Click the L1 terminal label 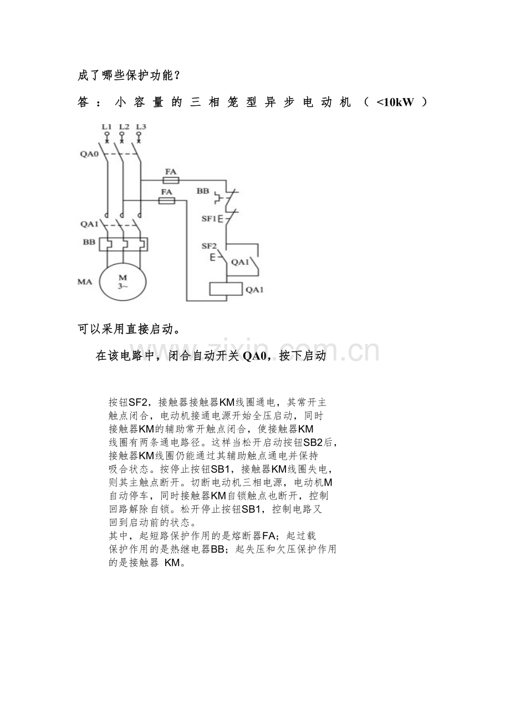pyautogui.click(x=106, y=127)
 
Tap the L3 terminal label pyautogui.click(x=141, y=127)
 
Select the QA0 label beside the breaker pyautogui.click(x=89, y=154)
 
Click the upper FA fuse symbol pyautogui.click(x=171, y=181)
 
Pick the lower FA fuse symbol pyautogui.click(x=167, y=201)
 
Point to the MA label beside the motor pyautogui.click(x=85, y=282)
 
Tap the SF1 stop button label pyautogui.click(x=209, y=219)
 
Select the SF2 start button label pyautogui.click(x=209, y=246)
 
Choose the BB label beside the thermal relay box pyautogui.click(x=89, y=242)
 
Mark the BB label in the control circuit pyautogui.click(x=203, y=191)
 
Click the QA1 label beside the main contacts pyautogui.click(x=89, y=224)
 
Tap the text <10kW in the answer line pyautogui.click(x=395, y=102)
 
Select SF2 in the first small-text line pyautogui.click(x=138, y=403)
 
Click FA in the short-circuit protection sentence pyautogui.click(x=269, y=536)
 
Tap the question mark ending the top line pyautogui.click(x=177, y=76)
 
